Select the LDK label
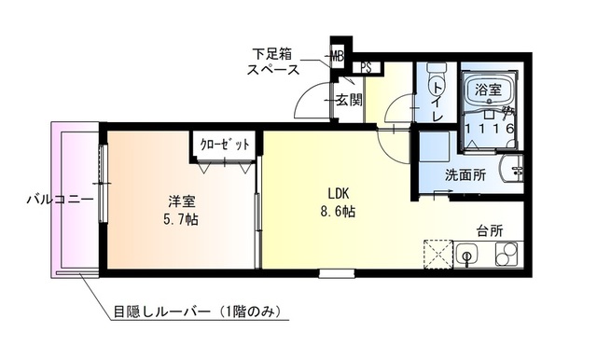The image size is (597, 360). coord(337,193)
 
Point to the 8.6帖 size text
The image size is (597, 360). coord(337,212)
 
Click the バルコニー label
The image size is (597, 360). coord(58,199)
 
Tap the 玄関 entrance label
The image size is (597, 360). coord(349,101)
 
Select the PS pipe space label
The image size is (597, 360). coord(368,67)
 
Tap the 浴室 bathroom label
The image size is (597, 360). coord(489,90)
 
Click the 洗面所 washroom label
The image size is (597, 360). coord(464,174)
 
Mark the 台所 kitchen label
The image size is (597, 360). coord(490,230)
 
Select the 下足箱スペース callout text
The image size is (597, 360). coord(273,61)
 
